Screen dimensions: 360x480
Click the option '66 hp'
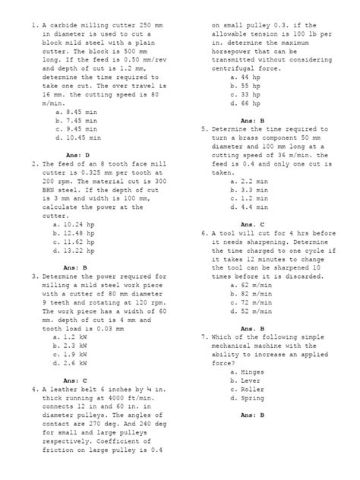point(249,105)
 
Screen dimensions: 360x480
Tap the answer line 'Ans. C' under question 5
point(252,224)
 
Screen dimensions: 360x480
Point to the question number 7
point(205,336)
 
